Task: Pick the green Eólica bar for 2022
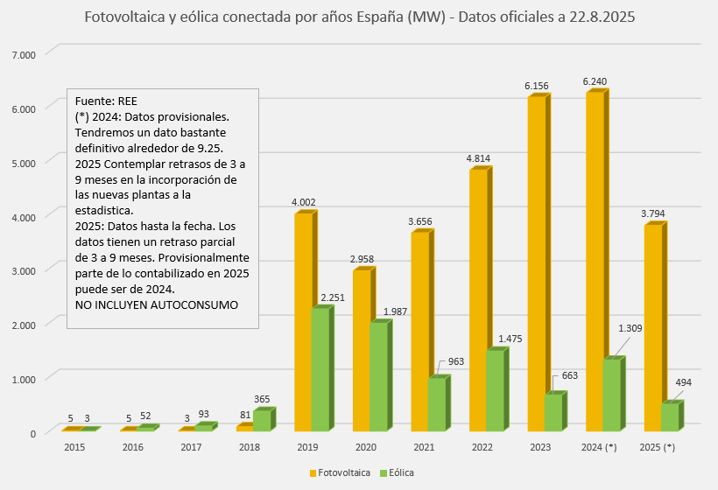(x=495, y=390)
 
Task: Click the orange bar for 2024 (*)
(x=595, y=262)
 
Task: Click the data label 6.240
(x=595, y=81)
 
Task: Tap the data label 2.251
(x=333, y=298)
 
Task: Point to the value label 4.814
(x=478, y=158)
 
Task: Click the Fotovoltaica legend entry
(x=341, y=472)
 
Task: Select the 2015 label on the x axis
(x=74, y=448)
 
